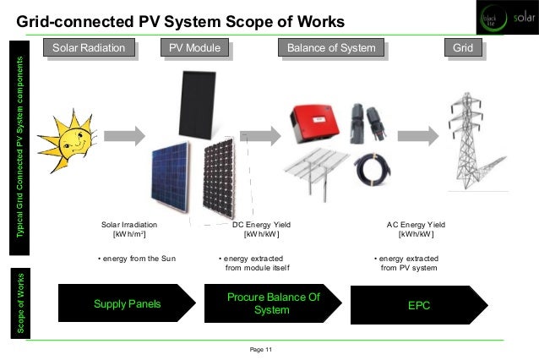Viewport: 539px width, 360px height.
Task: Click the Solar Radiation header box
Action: [95, 48]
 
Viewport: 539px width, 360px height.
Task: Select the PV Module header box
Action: [195, 48]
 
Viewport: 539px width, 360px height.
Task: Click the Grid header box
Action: [462, 48]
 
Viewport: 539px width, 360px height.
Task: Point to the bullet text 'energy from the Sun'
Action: [136, 257]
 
